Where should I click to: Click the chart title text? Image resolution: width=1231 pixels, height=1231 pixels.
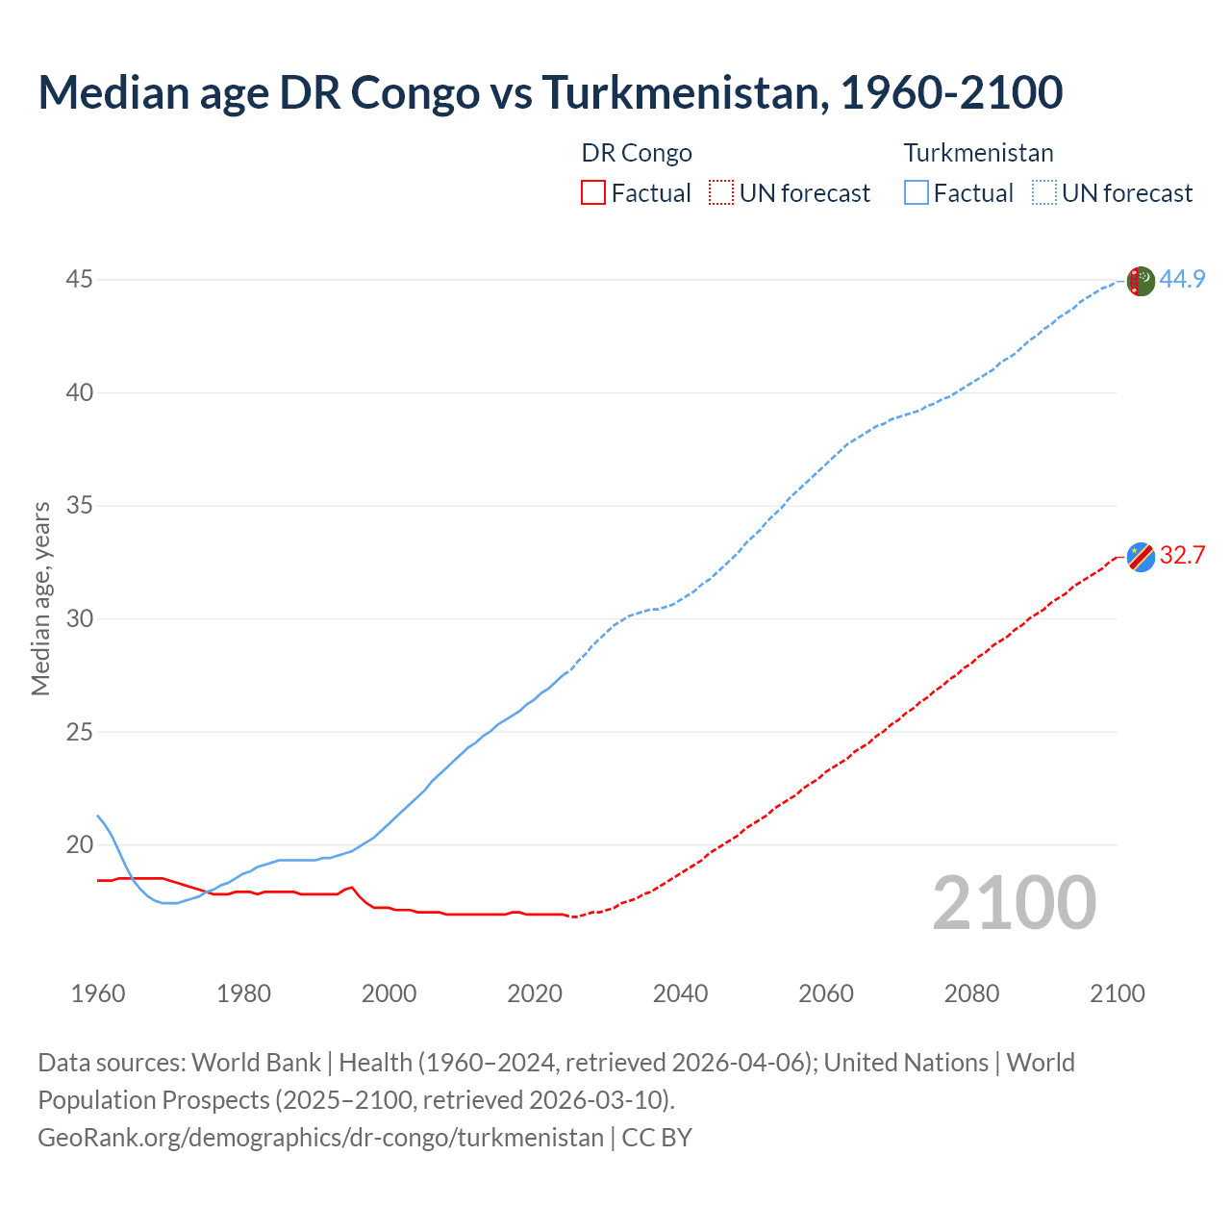[550, 92]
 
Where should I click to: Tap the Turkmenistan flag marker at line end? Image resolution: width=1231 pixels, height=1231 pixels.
[1141, 281]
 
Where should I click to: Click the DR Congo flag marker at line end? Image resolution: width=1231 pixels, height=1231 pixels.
[1141, 557]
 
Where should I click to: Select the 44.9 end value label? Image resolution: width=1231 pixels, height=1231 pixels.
[1182, 280]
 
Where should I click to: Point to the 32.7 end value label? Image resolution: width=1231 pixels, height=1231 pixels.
[1182, 556]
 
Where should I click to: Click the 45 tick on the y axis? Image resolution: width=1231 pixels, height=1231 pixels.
[80, 280]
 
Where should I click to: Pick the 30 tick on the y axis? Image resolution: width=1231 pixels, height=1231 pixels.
[80, 618]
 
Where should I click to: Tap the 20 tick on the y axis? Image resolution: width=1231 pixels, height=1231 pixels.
[80, 845]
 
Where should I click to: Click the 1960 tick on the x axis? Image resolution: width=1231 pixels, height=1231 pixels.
[98, 993]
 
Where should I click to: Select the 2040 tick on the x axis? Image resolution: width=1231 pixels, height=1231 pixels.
[681, 993]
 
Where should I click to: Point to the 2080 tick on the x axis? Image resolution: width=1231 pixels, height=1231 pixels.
[971, 993]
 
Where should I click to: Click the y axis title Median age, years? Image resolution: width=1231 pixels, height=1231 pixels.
[41, 598]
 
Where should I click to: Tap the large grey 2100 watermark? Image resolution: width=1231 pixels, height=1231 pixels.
[1015, 903]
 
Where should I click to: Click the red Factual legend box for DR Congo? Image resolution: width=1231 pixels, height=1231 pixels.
[593, 193]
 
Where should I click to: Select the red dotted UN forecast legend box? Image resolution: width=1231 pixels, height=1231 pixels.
[721, 193]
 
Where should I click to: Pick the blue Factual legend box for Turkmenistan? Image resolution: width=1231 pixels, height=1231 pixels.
[917, 193]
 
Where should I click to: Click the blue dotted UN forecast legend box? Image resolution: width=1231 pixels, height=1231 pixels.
[1044, 193]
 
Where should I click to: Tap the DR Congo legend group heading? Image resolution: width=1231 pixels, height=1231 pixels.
[637, 153]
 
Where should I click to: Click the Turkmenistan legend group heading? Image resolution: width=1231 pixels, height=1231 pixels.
[978, 153]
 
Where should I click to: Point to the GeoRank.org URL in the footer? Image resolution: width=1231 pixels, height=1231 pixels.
[320, 1138]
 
